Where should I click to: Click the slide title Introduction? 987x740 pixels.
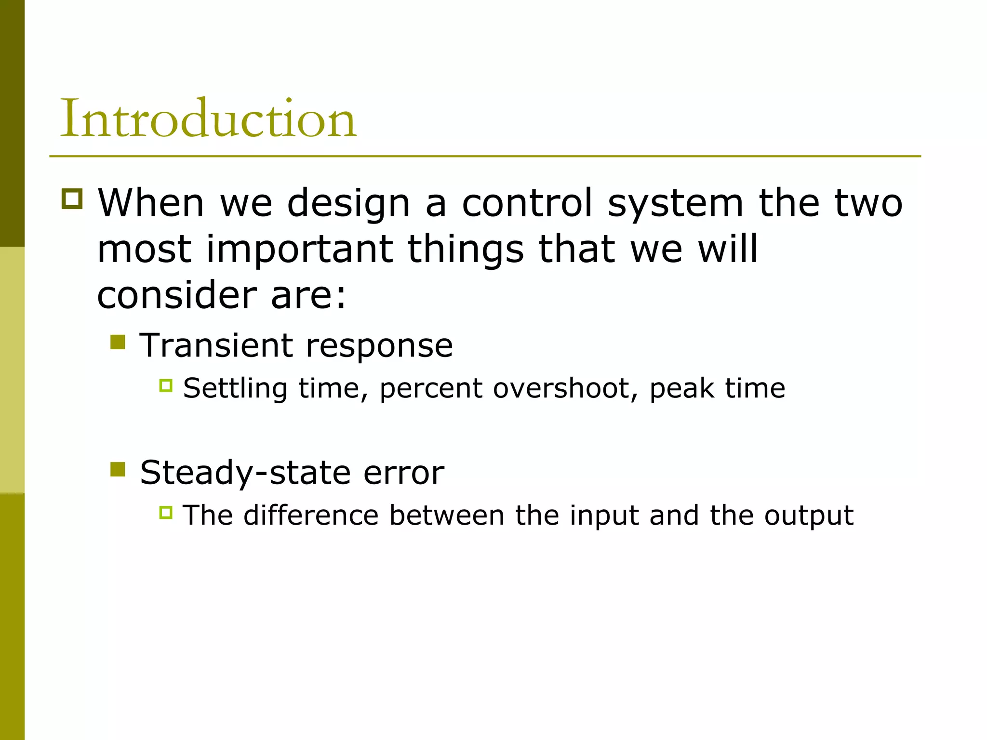tap(208, 119)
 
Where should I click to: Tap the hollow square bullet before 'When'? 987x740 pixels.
tap(72, 198)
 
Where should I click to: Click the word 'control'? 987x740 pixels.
tap(527, 202)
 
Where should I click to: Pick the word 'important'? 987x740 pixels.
tap(299, 250)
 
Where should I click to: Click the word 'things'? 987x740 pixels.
tap(466, 250)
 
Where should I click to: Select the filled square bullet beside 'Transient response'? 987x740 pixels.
tap(118, 342)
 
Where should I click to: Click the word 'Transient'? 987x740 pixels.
tap(216, 345)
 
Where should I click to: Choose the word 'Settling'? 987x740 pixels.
tap(235, 388)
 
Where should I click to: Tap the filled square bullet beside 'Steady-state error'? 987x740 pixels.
tap(118, 469)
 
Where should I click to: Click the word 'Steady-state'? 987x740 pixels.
tap(244, 473)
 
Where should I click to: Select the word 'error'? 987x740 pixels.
tap(403, 473)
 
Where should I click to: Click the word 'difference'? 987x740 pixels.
tap(311, 515)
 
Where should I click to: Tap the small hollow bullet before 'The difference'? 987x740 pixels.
tap(166, 513)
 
